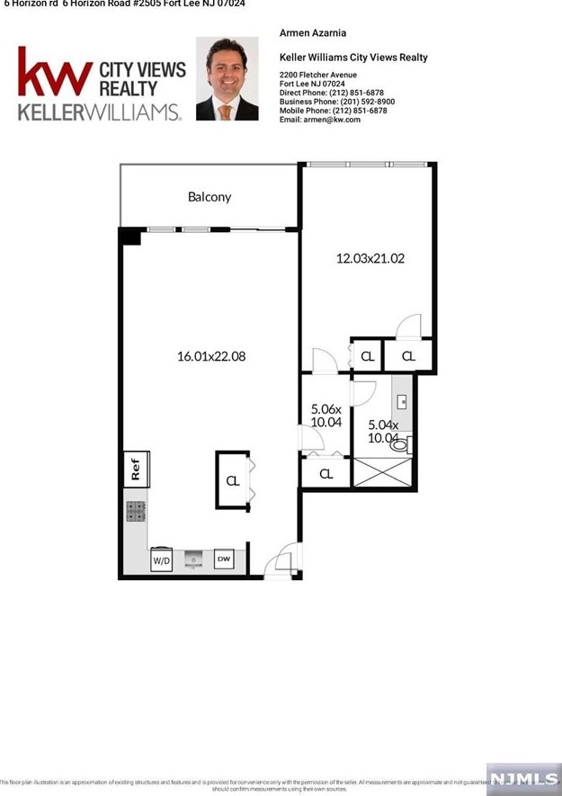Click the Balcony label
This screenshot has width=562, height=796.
(209, 197)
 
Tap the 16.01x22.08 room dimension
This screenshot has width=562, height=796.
(211, 356)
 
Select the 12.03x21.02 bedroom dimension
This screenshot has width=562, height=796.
(370, 258)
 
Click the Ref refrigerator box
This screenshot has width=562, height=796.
(136, 468)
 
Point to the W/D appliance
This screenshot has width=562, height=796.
(162, 560)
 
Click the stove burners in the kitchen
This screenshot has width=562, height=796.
(136, 512)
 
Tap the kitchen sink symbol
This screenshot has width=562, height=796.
(193, 560)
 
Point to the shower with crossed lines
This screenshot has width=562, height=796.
(383, 473)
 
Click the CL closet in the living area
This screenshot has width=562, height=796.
(232, 479)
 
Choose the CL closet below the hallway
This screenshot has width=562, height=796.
(326, 474)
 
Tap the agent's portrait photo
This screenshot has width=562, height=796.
(227, 79)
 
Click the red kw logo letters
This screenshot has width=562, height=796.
(54, 74)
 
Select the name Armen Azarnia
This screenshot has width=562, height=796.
(313, 33)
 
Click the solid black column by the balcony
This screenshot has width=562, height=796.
(131, 237)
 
